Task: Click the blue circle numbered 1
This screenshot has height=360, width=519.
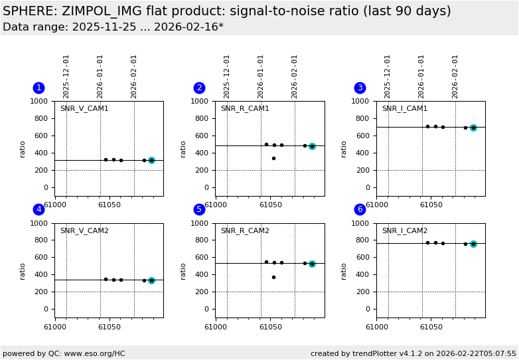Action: click(38, 88)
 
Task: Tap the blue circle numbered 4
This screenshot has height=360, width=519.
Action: click(38, 209)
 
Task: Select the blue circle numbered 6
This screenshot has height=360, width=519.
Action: click(360, 209)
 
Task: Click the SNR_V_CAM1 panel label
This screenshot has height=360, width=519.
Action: click(84, 109)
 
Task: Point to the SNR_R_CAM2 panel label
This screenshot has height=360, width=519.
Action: click(245, 231)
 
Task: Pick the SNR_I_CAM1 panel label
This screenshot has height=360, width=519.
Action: click(405, 109)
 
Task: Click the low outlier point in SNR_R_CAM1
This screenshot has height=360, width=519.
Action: click(273, 158)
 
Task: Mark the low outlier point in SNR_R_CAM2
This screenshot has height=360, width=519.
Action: click(273, 277)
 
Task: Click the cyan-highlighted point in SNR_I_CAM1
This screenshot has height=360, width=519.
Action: click(473, 128)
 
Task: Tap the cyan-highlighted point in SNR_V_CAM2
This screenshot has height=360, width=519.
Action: click(151, 280)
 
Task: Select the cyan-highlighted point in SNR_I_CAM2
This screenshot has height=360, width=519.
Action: click(473, 244)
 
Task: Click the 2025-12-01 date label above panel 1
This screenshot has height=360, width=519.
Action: click(66, 76)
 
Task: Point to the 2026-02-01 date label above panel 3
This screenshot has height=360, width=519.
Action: click(455, 76)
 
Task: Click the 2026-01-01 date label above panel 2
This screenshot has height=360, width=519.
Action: click(261, 76)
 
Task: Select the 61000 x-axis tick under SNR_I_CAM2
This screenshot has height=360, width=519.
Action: click(376, 326)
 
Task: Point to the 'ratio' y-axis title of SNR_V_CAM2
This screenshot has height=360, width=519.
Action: click(23, 270)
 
